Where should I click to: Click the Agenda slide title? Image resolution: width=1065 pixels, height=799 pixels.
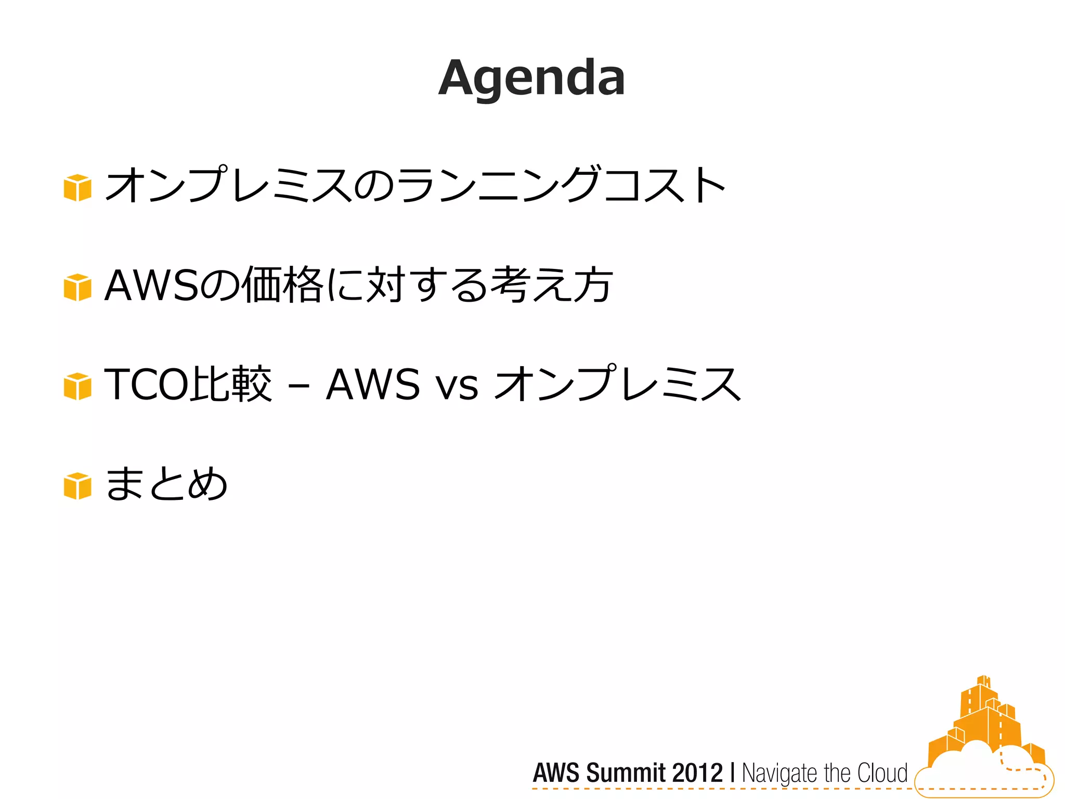[x=531, y=78]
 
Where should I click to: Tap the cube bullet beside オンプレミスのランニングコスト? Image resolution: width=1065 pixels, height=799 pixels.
[x=77, y=187]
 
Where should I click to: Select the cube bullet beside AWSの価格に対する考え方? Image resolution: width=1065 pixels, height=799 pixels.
[x=77, y=287]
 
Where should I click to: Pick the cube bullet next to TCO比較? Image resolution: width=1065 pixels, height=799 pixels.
[x=77, y=386]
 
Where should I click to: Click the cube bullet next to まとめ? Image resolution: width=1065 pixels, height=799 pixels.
[x=77, y=486]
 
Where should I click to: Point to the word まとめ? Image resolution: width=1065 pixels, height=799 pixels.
[x=166, y=484]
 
